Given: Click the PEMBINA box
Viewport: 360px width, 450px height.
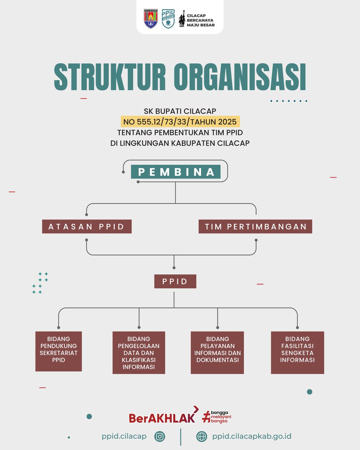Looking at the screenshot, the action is [x=175, y=172].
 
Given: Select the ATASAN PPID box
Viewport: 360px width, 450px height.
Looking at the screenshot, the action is [x=87, y=226].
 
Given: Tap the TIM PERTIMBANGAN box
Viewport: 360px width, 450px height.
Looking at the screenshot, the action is [x=256, y=226].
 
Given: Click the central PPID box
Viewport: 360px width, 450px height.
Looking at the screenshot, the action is [x=175, y=281].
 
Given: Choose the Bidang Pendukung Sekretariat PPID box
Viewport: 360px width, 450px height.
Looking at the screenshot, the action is [x=58, y=351].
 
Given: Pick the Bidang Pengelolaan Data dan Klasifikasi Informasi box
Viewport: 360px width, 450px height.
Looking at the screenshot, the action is [x=139, y=352].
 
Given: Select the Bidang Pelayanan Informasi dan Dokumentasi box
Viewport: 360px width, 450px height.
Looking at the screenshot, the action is [x=217, y=352].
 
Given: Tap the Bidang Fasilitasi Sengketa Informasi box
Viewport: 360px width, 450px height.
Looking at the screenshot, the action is [x=297, y=352].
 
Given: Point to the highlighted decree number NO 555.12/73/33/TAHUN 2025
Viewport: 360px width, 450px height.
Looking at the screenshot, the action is [x=180, y=121].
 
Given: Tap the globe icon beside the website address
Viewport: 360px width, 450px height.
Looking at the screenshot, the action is [x=202, y=436].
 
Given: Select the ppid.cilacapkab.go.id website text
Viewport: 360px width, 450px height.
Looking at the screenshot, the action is [x=252, y=436].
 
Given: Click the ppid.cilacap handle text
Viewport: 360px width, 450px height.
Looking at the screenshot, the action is [x=124, y=436].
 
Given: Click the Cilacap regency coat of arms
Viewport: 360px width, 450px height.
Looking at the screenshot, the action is [x=151, y=18].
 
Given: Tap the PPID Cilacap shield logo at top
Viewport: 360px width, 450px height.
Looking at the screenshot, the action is [x=168, y=18].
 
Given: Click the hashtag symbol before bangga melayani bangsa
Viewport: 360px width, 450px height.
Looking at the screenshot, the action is [x=206, y=416].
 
